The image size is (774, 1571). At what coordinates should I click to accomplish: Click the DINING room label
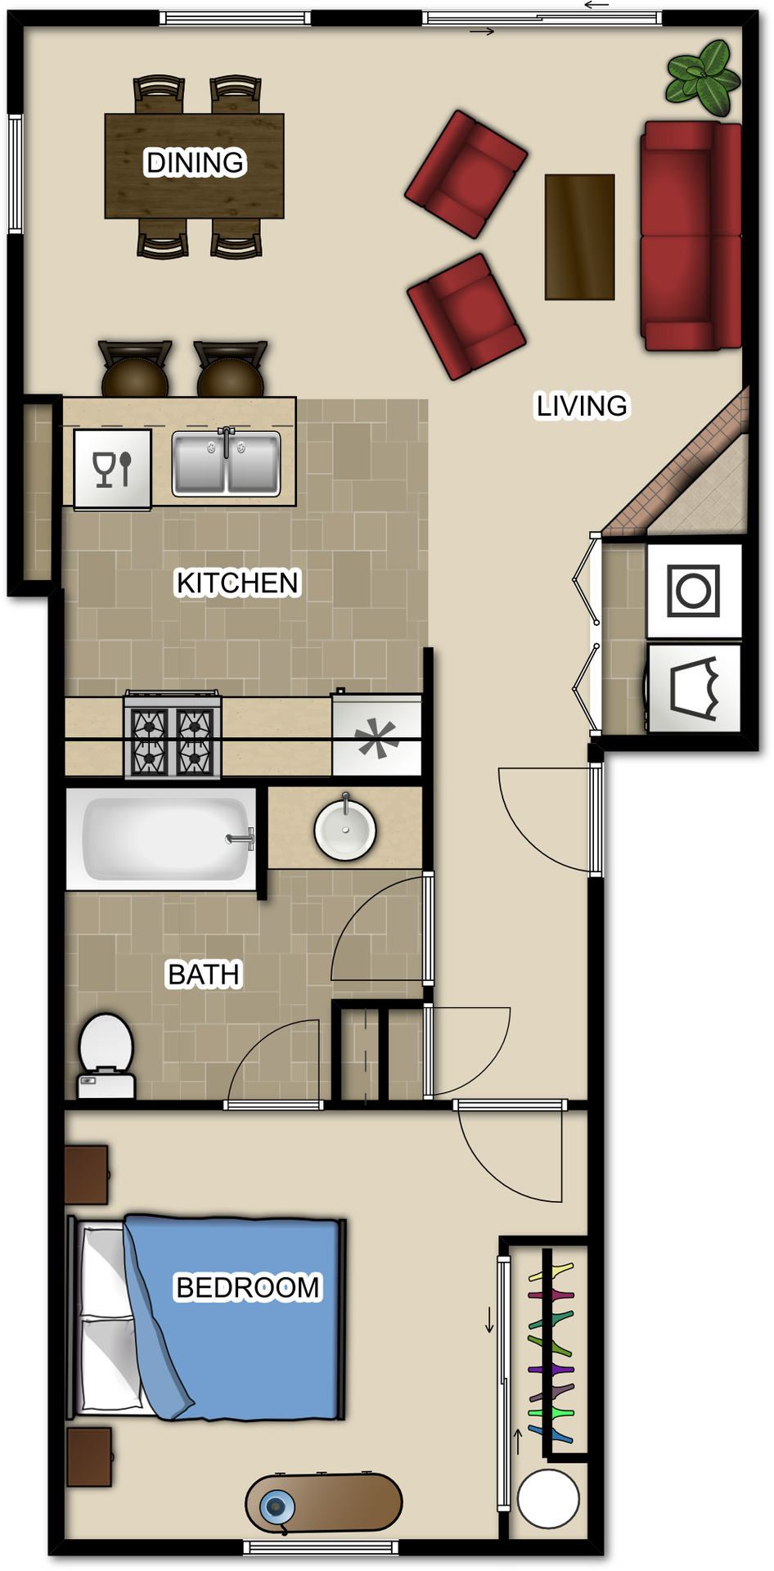tap(195, 163)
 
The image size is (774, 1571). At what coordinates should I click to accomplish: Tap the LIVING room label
tap(582, 406)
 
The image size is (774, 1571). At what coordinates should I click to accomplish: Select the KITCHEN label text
tap(238, 583)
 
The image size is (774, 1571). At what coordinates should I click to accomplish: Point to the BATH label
tap(204, 975)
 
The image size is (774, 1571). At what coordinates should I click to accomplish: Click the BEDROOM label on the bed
tap(248, 1287)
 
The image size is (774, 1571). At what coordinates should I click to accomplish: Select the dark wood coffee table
tap(579, 236)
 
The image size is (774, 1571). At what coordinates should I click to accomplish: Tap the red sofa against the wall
tap(691, 236)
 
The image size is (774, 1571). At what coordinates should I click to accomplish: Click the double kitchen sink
tap(226, 464)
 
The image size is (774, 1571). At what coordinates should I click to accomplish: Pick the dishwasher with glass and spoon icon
tap(113, 470)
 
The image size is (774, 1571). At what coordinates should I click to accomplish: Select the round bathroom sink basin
tap(345, 830)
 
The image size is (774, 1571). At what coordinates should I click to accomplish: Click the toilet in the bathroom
tap(106, 1054)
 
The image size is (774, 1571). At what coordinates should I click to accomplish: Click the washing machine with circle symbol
tap(694, 590)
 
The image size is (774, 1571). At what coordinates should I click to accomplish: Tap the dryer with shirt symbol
tap(695, 688)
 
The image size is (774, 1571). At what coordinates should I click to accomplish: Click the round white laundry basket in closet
tap(548, 1499)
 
